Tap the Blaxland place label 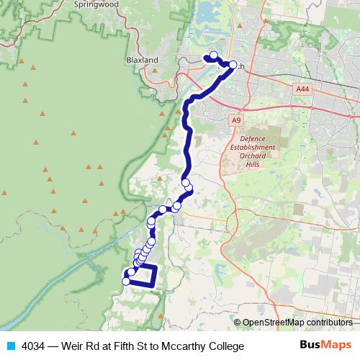(x=141, y=60)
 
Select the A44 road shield (x=303, y=89)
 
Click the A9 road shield (x=236, y=120)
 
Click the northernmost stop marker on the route (x=213, y=55)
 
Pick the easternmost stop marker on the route (x=233, y=65)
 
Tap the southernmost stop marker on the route (x=126, y=282)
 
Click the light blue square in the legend (x=9, y=346)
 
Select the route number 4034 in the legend (x=31, y=346)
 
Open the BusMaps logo (x=325, y=345)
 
